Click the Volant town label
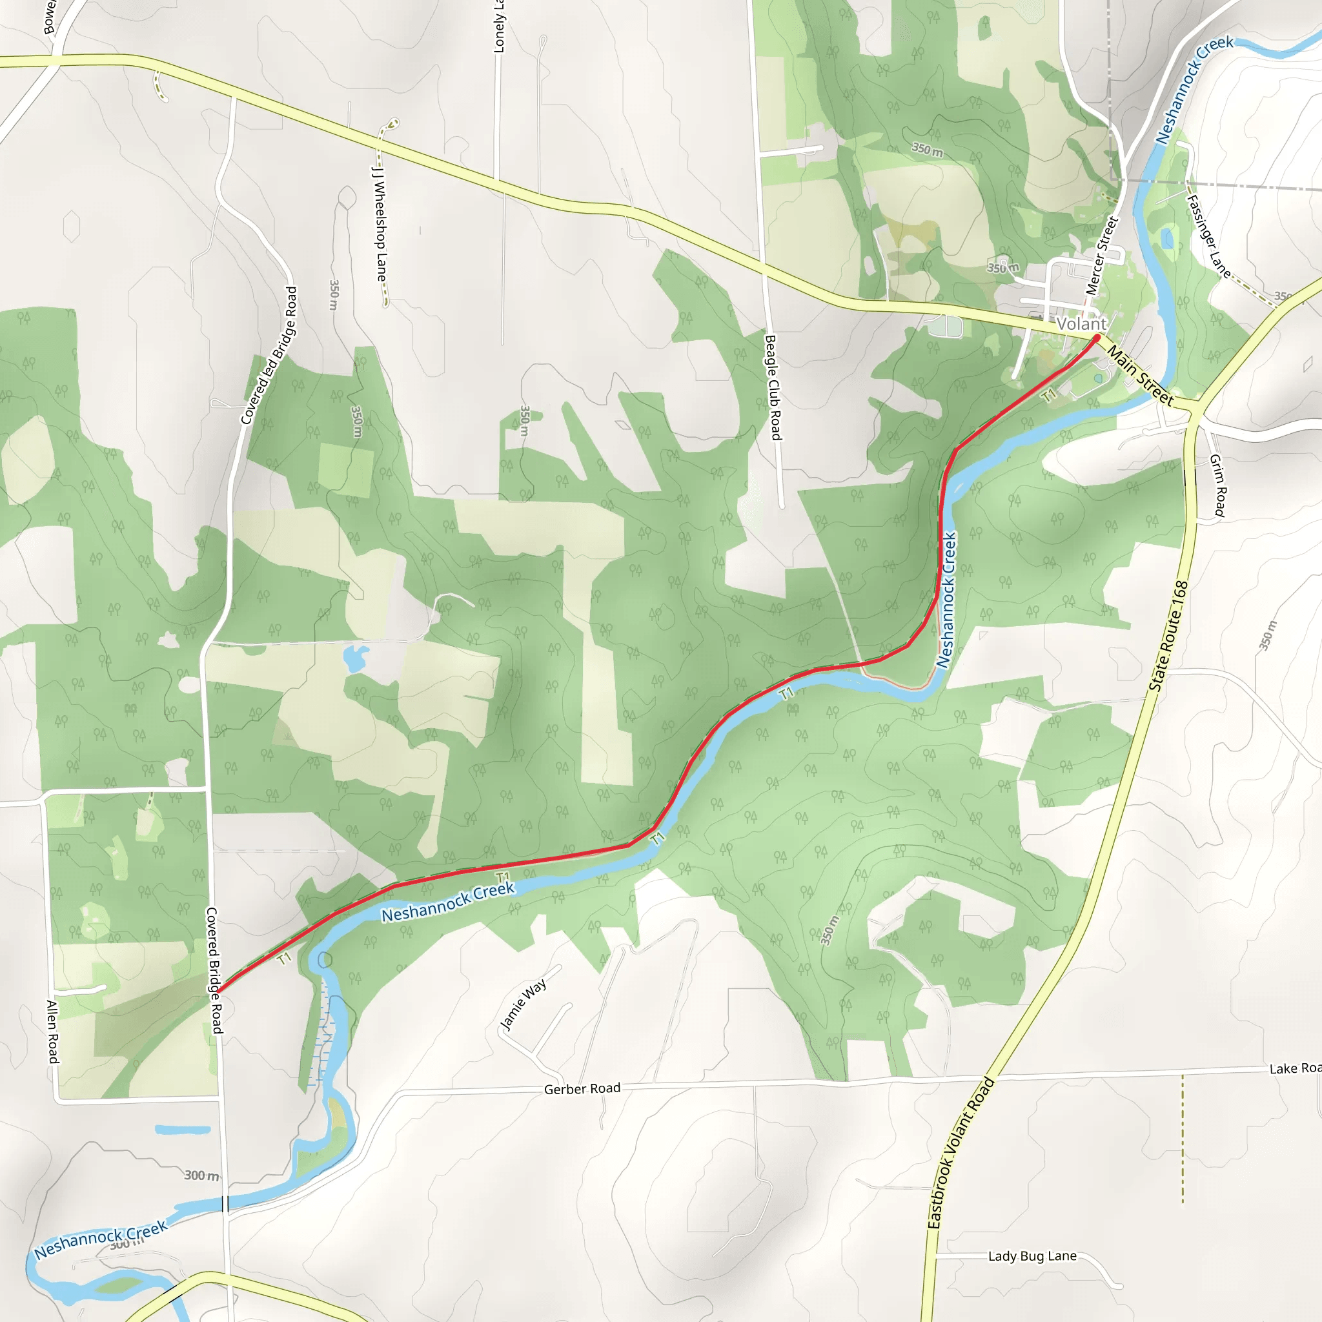[1081, 323]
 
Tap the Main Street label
[1140, 376]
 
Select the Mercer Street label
[1102, 256]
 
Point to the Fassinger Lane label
[1209, 236]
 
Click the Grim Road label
[1218, 485]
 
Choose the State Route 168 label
[1169, 636]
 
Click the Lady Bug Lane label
[1032, 1256]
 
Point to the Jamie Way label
[524, 1004]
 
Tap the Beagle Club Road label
[773, 387]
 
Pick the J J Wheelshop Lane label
[379, 223]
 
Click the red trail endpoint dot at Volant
[1097, 338]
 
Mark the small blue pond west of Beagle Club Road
[354, 658]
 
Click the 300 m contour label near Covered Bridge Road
[201, 1175]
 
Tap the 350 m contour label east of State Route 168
[1266, 635]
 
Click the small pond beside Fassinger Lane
[1166, 239]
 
